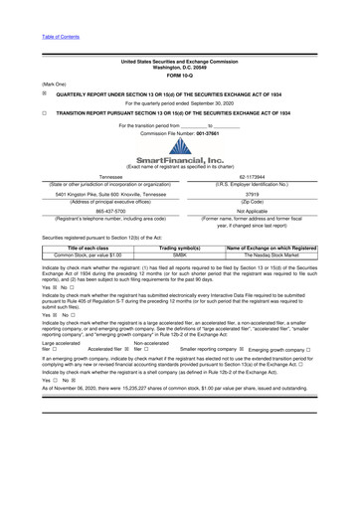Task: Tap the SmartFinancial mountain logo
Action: (179, 148)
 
